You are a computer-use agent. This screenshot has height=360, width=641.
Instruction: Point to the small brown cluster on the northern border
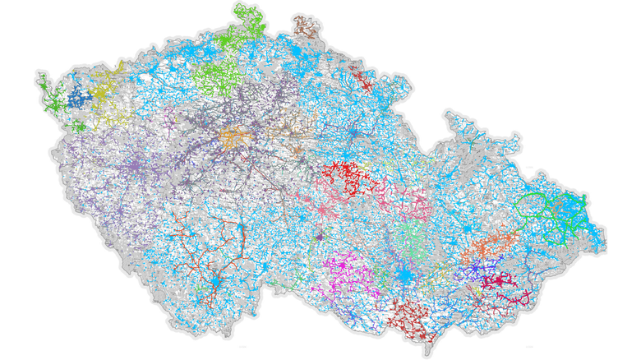click(306, 25)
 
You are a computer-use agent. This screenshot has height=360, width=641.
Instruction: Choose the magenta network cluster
click(348, 270)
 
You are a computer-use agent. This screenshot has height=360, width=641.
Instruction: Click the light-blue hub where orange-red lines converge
click(215, 283)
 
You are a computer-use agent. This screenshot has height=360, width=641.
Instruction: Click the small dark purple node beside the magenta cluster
click(319, 238)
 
